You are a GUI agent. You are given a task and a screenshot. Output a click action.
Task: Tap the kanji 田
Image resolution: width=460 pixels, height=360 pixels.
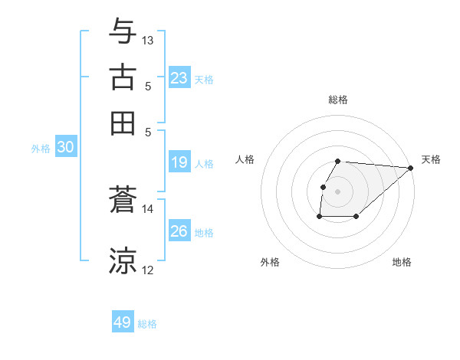coord(123,122)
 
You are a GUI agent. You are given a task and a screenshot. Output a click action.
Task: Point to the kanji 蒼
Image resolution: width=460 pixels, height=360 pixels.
coord(123,201)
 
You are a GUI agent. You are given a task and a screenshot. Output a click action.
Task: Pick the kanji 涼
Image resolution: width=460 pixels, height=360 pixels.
coord(123,260)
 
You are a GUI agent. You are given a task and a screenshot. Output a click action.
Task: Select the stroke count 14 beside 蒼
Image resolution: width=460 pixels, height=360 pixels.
coord(148,208)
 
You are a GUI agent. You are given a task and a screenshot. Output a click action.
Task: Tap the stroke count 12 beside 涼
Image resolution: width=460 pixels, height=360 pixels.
coord(148,270)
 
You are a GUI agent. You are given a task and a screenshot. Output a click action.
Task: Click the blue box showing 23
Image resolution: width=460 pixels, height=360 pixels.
coord(179,78)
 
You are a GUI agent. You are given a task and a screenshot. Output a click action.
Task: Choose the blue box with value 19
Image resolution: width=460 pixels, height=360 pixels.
coord(179,162)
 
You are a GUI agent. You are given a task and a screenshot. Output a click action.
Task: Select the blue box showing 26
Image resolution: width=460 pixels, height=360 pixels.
coord(179,231)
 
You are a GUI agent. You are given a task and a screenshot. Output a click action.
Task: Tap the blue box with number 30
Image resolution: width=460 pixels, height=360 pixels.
coord(65,148)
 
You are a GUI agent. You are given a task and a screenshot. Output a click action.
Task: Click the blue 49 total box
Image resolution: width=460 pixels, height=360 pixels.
coord(123,322)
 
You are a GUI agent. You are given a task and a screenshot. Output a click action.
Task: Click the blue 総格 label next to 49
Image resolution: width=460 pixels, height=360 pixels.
coord(147,324)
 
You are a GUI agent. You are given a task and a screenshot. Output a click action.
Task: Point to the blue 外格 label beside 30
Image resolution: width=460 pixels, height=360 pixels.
coord(41,149)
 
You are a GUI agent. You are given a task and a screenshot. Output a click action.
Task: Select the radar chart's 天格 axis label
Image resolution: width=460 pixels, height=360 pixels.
coord(431,159)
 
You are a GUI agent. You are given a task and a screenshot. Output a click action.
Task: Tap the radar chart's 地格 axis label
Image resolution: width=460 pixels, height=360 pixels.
coord(402,263)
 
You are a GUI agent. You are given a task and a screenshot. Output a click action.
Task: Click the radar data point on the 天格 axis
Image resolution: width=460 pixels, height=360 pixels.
coord(411,169)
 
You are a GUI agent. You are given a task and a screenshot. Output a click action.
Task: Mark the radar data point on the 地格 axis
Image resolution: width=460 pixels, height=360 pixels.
coord(356,217)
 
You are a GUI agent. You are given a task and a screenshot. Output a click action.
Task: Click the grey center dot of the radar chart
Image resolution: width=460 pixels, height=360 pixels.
coord(338,191)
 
